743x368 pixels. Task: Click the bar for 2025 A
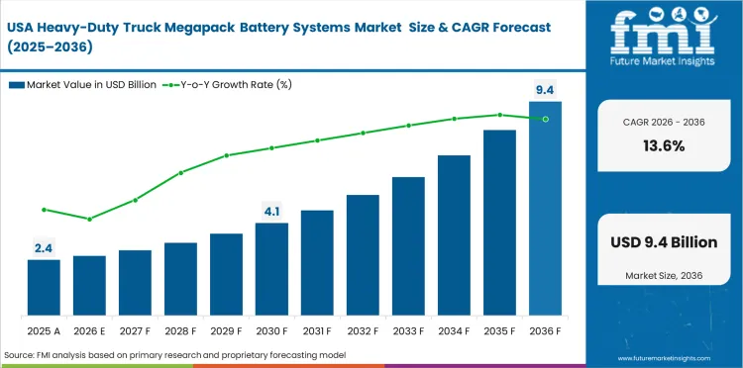click(44, 288)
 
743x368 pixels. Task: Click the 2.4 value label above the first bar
click(44, 248)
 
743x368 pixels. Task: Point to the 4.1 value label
click(271, 211)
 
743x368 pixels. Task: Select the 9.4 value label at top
click(545, 90)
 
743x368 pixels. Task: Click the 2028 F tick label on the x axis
click(180, 329)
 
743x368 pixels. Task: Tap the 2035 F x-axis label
click(499, 329)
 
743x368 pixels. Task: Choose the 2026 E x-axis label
click(89, 329)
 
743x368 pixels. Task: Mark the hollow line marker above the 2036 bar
click(545, 119)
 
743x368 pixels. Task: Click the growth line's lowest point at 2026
click(89, 219)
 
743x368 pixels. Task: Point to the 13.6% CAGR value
click(663, 145)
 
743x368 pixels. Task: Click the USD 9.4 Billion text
click(663, 242)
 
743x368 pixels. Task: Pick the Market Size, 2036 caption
click(663, 274)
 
